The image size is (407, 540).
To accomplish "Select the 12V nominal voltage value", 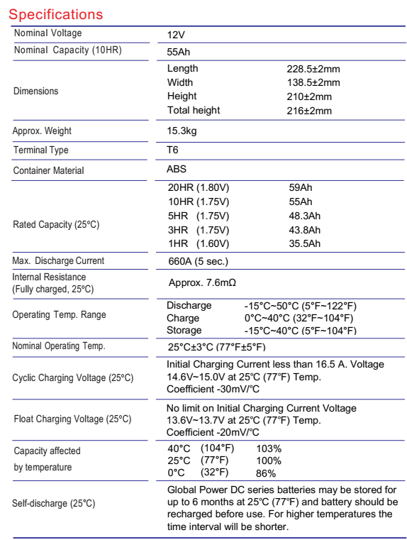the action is click(x=177, y=34).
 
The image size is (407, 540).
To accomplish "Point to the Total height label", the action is click(x=194, y=110).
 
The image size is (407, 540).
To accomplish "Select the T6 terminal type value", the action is click(x=173, y=151).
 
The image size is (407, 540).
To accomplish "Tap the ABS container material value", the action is click(x=177, y=170).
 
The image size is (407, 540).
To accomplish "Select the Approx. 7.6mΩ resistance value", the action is click(x=202, y=283).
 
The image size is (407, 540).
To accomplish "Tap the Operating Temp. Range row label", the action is click(x=56, y=314).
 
